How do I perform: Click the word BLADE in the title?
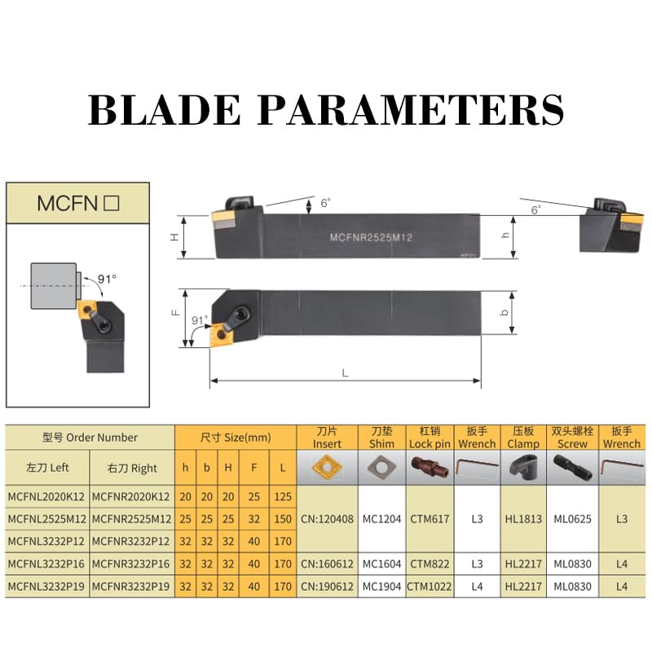point(165,109)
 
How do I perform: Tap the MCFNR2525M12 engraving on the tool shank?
point(371,237)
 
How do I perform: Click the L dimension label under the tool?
point(345,373)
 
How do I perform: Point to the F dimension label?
point(176,312)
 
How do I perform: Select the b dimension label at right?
point(504,312)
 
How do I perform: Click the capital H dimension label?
point(175,237)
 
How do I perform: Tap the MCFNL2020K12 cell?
point(46,496)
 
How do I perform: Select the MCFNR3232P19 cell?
point(131,586)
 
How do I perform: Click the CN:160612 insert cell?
point(328,564)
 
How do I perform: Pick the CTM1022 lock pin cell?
point(430,586)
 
